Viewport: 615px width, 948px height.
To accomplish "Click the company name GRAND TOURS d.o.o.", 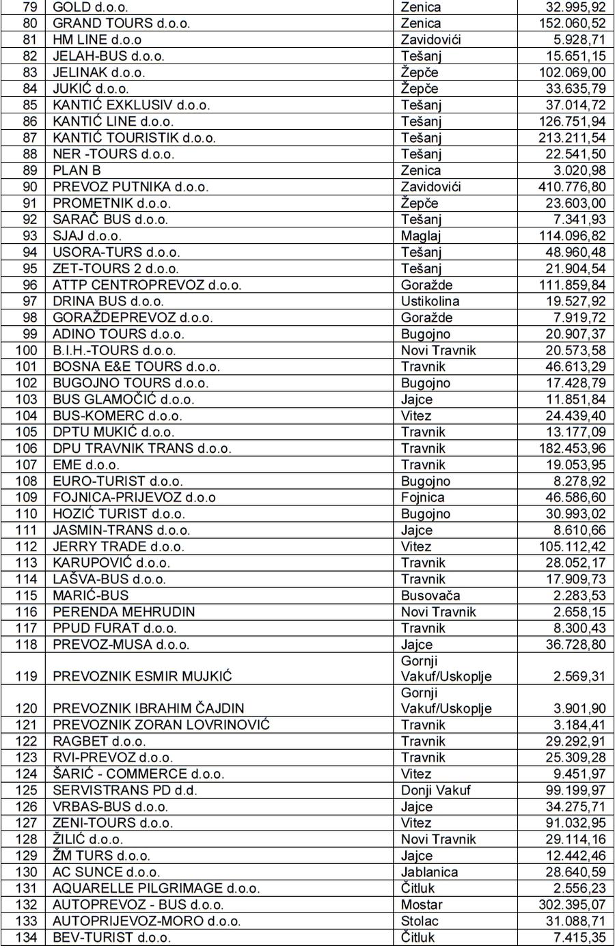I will pyautogui.click(x=121, y=23).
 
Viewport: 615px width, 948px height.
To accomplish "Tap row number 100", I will pyautogui.click(x=27, y=350).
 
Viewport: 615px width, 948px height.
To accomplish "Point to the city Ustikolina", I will pyautogui.click(x=430, y=301).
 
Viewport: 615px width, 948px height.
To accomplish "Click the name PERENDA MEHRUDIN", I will pyautogui.click(x=124, y=612).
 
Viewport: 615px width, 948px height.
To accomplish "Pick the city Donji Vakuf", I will pyautogui.click(x=435, y=790).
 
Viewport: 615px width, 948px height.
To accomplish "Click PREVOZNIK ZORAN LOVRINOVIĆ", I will pyautogui.click(x=161, y=725).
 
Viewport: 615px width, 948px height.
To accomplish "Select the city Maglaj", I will pyautogui.click(x=421, y=236).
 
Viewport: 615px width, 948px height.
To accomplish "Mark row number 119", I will pyautogui.click(x=27, y=676).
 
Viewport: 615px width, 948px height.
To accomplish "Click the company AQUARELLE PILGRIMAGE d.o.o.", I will pyautogui.click(x=156, y=889).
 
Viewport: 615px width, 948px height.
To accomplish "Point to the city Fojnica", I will pyautogui.click(x=422, y=498).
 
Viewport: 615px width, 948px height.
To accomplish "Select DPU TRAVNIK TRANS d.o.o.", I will pyautogui.click(x=142, y=449).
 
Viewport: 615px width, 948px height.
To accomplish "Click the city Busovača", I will pyautogui.click(x=430, y=596).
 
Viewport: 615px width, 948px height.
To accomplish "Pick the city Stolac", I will pyautogui.click(x=419, y=921).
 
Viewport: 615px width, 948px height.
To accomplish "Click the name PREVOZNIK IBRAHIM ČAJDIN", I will pyautogui.click(x=148, y=708).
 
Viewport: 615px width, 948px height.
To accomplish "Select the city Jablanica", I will pyautogui.click(x=429, y=872).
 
